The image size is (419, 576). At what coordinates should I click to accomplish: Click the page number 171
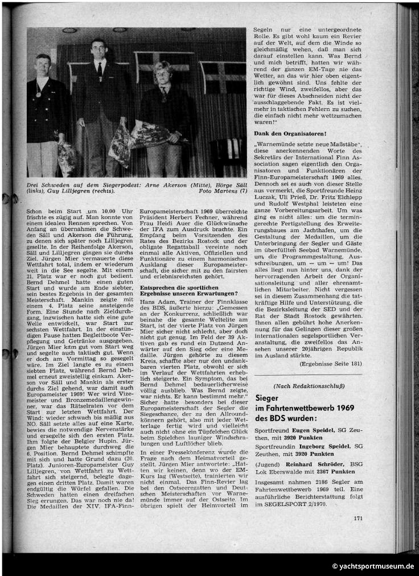(x=358, y=518)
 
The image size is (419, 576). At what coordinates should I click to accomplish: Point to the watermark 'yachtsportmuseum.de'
(x=376, y=566)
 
